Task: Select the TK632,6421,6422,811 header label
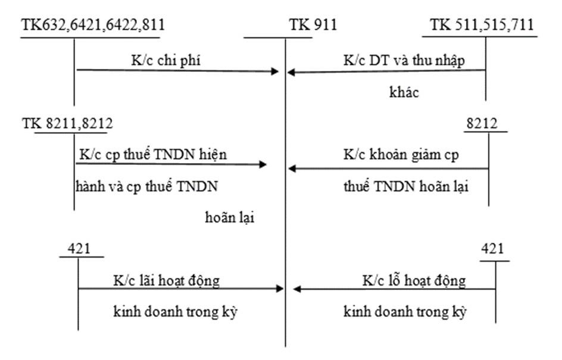coord(93,25)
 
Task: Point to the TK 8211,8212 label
coord(67,123)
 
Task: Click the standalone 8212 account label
coord(483,123)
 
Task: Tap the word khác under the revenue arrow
coord(404,93)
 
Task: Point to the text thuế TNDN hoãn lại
coord(406,186)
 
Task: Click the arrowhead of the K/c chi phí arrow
coord(275,71)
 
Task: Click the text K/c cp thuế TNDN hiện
coord(153,154)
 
